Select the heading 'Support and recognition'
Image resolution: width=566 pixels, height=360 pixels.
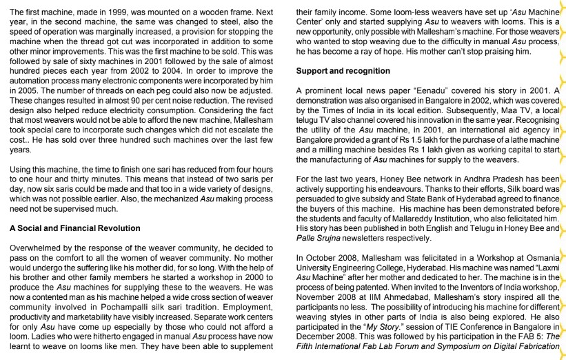pyautogui.click(x=343, y=70)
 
